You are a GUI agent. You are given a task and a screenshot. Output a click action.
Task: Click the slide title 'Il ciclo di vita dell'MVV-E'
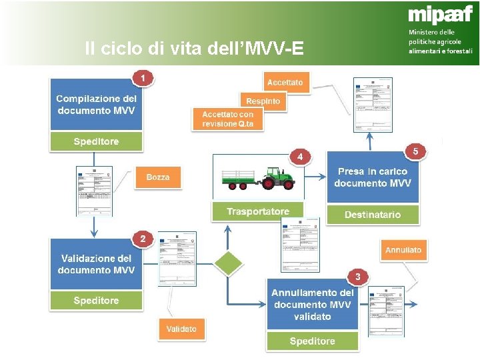click(x=194, y=49)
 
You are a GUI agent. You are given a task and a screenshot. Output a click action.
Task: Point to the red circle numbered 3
click(x=358, y=276)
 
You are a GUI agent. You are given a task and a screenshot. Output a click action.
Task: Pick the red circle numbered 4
click(x=301, y=157)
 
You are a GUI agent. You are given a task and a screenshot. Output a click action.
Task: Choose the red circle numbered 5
click(x=415, y=152)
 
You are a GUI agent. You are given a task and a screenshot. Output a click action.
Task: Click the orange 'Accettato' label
click(x=285, y=82)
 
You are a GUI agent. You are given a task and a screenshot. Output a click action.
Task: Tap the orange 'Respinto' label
click(x=263, y=101)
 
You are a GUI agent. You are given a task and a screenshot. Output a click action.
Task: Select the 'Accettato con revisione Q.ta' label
click(x=228, y=119)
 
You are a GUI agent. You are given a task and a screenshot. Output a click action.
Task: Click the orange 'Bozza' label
click(x=158, y=177)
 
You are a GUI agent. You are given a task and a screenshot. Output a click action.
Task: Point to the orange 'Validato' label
click(x=181, y=329)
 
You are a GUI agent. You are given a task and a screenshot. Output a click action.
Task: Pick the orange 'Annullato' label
click(x=403, y=251)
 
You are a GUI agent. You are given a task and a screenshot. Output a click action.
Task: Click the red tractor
click(x=277, y=177)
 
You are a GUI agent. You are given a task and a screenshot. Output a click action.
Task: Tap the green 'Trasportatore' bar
click(x=258, y=211)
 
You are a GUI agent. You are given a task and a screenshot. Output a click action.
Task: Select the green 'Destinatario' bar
click(x=373, y=215)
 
